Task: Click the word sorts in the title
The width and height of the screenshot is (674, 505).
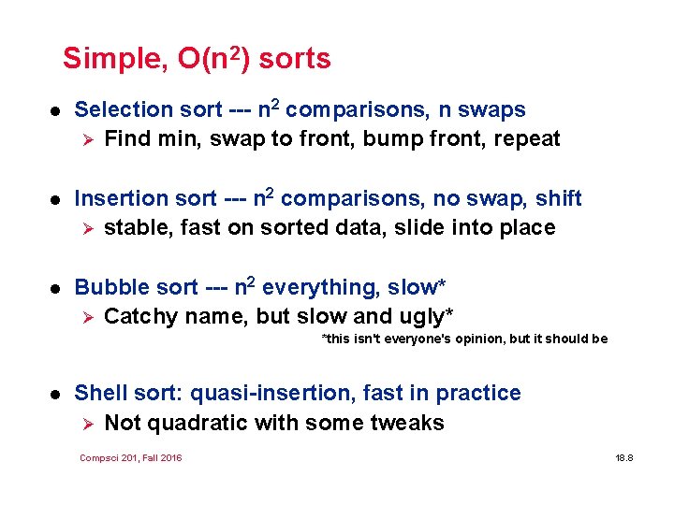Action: click(x=295, y=60)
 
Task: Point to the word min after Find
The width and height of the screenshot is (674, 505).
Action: click(x=178, y=139)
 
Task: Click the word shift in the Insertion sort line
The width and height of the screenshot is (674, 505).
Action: click(x=559, y=199)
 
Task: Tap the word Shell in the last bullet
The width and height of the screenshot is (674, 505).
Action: click(x=99, y=394)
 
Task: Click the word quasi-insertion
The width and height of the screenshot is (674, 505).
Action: click(x=268, y=394)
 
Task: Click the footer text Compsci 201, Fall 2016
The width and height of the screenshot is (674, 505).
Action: click(x=131, y=457)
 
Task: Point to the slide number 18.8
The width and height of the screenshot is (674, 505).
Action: click(x=624, y=458)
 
